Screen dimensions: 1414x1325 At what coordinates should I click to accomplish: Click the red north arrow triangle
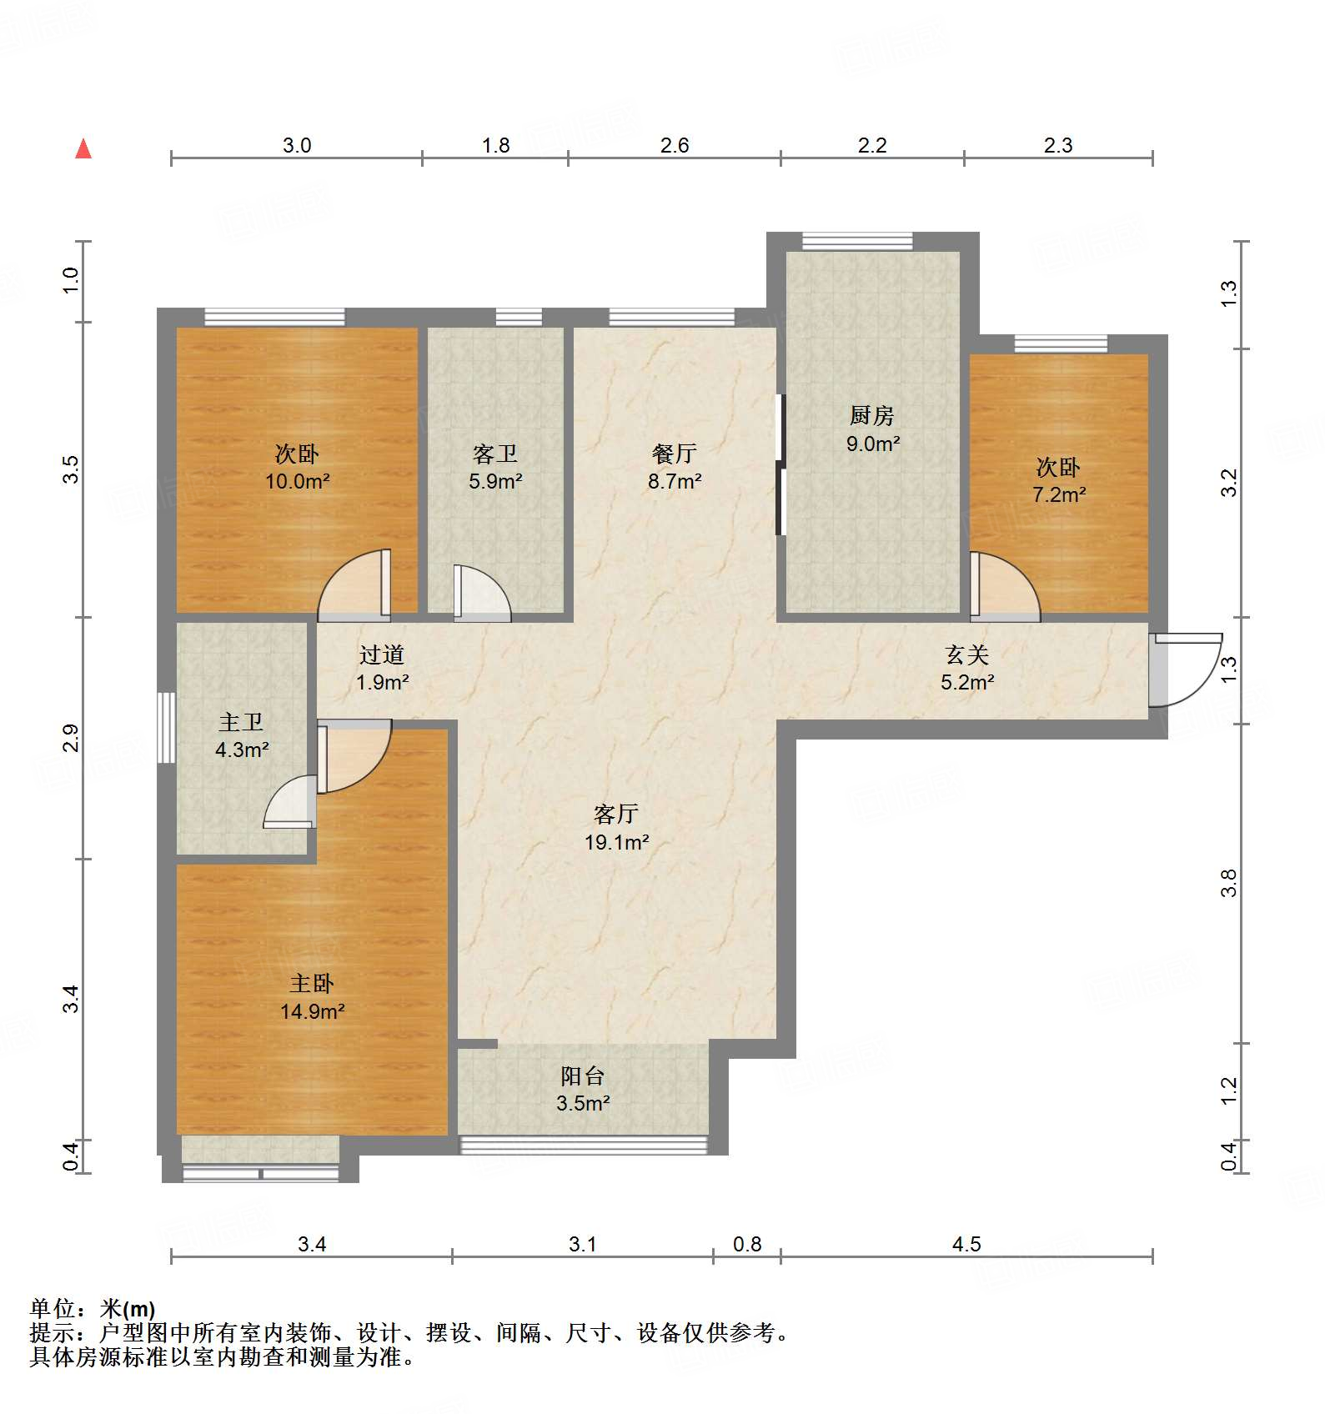click(83, 149)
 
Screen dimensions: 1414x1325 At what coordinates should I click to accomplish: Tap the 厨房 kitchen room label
click(871, 414)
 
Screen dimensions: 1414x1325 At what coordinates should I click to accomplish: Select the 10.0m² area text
click(297, 482)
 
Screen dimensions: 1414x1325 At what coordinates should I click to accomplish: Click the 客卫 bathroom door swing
click(481, 594)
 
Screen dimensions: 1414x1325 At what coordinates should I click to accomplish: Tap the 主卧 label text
click(311, 984)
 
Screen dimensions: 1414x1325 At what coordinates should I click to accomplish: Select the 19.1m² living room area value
click(616, 843)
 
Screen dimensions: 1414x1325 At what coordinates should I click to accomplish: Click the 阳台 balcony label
click(582, 1076)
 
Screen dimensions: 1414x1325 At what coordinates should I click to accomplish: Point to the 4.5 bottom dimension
click(966, 1245)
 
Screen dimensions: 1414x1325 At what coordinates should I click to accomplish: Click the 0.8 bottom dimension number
click(747, 1245)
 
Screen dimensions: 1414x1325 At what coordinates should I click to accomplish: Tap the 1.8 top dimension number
click(495, 146)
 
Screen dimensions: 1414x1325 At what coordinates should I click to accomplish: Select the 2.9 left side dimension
click(72, 739)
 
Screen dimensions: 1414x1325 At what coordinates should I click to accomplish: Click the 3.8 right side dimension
click(1228, 882)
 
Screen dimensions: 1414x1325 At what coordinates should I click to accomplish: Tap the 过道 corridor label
click(382, 654)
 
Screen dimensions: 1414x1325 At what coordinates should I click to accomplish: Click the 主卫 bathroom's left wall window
click(167, 727)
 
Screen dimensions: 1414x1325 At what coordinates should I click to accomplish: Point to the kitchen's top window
click(857, 242)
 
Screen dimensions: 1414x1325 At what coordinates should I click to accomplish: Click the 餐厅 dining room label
click(674, 454)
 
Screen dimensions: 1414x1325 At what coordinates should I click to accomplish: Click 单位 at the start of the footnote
click(52, 1310)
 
